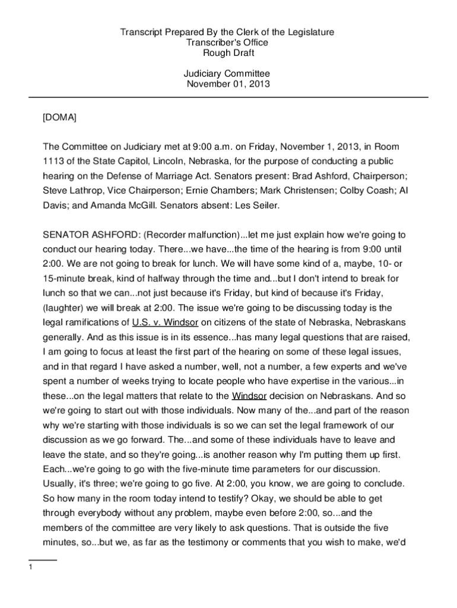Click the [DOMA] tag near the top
click(59, 118)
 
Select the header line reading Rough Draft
click(228, 53)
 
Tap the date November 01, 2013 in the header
click(228, 84)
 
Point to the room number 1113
click(53, 161)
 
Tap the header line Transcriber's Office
click(228, 43)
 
